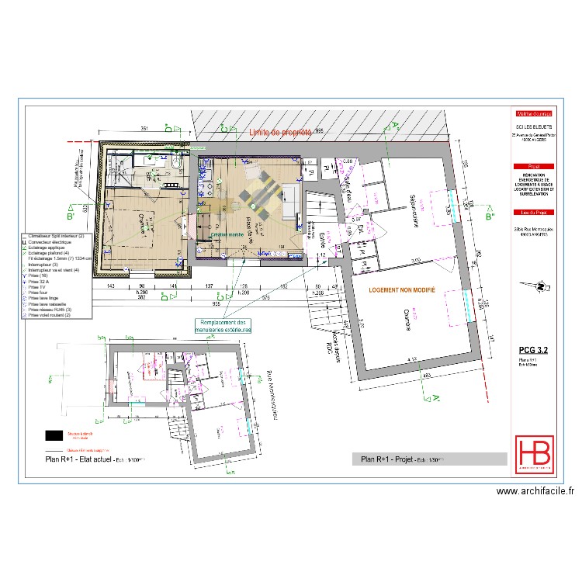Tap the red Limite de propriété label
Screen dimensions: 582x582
click(280, 133)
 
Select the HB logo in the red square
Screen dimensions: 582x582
click(535, 452)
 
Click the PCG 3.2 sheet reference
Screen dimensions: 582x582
click(534, 350)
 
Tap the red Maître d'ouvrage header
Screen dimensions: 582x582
click(535, 113)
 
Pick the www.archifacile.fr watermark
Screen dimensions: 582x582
click(535, 490)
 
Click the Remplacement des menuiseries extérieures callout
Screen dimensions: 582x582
click(223, 326)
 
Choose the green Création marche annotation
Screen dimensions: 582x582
click(228, 234)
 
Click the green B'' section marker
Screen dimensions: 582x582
click(490, 217)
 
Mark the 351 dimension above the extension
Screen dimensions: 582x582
click(144, 128)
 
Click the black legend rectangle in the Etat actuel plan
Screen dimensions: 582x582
click(54, 435)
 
